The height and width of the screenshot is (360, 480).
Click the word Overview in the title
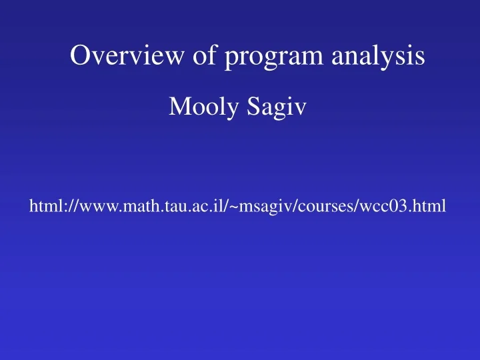[119, 56]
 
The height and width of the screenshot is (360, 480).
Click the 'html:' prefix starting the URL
[45, 207]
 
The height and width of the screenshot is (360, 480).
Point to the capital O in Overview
[79, 56]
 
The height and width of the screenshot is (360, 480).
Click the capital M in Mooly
[178, 106]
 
